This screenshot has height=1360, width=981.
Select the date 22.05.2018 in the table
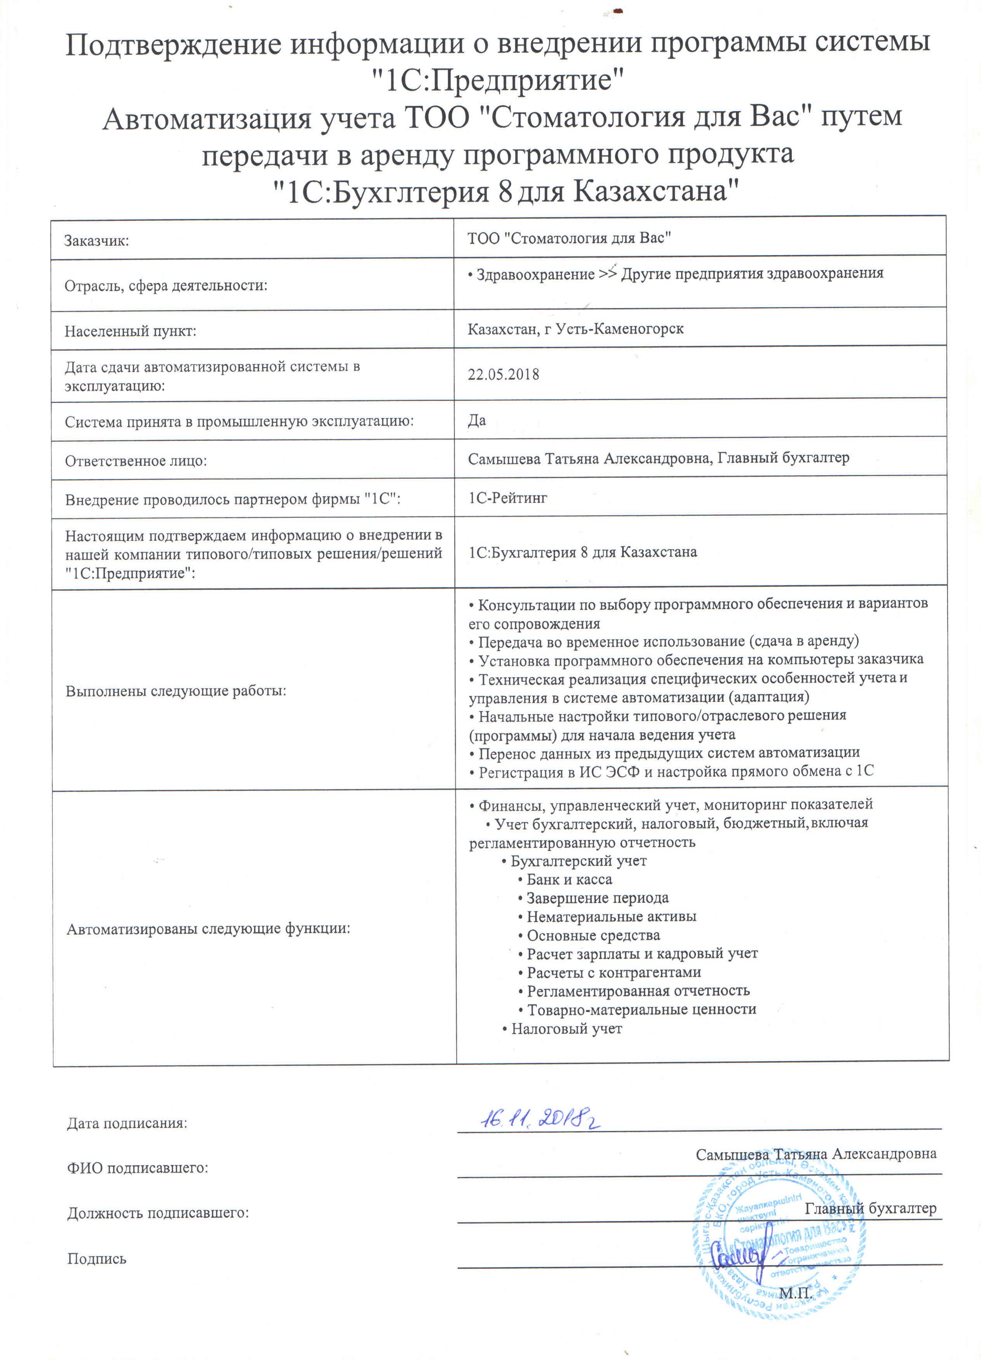[x=503, y=375]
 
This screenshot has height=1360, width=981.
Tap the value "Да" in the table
[x=477, y=420]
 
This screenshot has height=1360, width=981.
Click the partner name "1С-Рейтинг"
[x=507, y=498]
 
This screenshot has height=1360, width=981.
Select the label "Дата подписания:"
[x=127, y=1123]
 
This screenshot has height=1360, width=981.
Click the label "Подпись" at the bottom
[x=96, y=1259]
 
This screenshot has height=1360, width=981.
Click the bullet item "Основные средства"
[x=593, y=935]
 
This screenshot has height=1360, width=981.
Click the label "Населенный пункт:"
[x=131, y=331]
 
